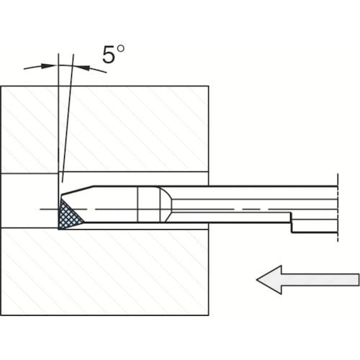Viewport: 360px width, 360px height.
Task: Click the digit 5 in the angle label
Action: click(x=109, y=55)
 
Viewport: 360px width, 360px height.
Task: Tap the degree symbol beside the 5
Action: click(x=120, y=49)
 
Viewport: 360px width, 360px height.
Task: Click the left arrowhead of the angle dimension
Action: click(x=49, y=66)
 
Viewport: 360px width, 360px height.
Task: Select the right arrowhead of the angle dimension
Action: click(x=81, y=67)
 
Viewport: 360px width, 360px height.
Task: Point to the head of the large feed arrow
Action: click(x=269, y=280)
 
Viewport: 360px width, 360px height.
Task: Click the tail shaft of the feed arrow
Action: click(x=320, y=280)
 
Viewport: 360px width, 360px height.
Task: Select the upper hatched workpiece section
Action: click(x=105, y=129)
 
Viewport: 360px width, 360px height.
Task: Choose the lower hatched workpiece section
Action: click(x=105, y=272)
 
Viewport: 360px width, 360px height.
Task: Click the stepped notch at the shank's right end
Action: click(x=292, y=222)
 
